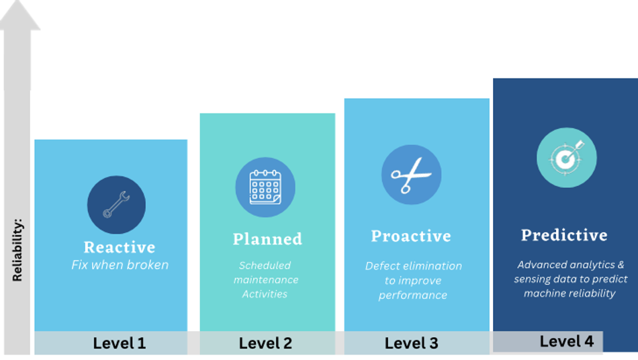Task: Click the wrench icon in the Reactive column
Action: (116, 205)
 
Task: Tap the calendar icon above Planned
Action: (265, 187)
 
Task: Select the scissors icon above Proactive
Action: (411, 175)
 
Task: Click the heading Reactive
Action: (120, 247)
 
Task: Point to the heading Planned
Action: (267, 239)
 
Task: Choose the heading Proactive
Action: (411, 236)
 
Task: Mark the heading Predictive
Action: (564, 235)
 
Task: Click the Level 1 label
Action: (120, 343)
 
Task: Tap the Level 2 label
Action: (265, 343)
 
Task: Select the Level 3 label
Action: (412, 343)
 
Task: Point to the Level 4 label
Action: (566, 341)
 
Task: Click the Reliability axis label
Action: (17, 250)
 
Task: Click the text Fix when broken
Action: (120, 265)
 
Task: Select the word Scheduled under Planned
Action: (265, 265)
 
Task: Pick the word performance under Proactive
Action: (412, 296)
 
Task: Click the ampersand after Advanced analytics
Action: (621, 265)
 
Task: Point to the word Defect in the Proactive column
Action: (379, 266)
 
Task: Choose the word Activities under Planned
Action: (265, 294)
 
